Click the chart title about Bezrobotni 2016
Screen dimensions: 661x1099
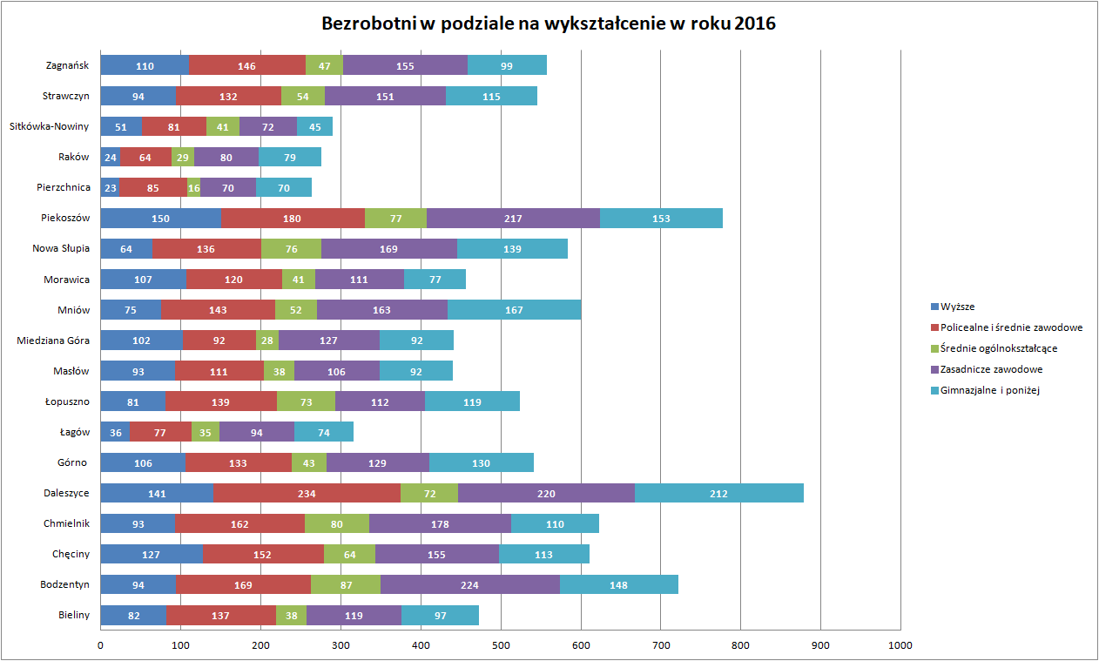549,24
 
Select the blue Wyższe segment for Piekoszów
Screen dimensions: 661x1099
160,219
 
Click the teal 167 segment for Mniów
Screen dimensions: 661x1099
514,310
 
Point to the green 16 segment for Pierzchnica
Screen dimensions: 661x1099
193,187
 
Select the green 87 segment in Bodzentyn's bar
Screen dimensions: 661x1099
346,584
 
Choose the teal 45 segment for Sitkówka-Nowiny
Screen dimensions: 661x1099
314,127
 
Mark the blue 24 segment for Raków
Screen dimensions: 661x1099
110,158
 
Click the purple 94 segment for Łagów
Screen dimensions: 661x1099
257,432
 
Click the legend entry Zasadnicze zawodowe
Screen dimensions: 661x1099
991,369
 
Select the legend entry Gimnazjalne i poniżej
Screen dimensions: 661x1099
990,390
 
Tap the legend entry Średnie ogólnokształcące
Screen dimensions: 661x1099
999,348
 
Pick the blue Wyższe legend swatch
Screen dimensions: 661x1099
935,307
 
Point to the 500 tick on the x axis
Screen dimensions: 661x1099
500,645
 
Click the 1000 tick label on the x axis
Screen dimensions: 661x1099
900,645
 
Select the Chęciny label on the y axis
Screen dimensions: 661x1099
71,554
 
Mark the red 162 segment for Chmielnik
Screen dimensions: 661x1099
239,523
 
